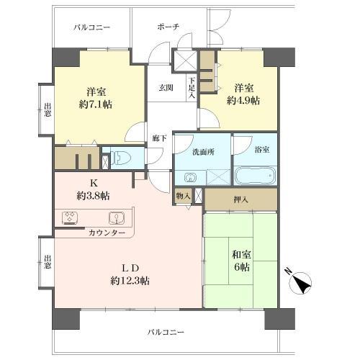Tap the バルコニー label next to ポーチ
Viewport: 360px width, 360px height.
[91, 27]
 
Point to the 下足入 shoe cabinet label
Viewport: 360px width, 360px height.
[192, 86]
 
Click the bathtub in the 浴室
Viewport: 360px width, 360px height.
[255, 175]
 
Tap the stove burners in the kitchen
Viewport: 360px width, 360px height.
[71, 217]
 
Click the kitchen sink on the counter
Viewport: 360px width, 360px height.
[115, 217]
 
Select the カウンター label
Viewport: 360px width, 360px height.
[107, 233]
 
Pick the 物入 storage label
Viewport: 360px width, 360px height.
[184, 195]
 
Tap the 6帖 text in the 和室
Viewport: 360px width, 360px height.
[241, 264]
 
